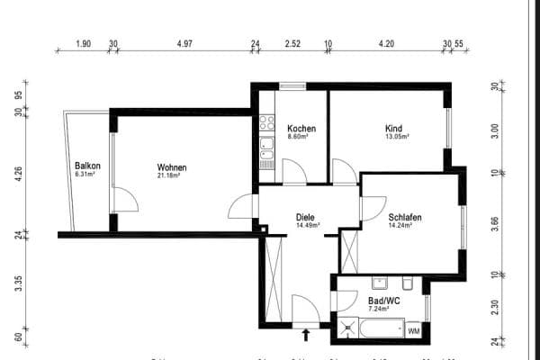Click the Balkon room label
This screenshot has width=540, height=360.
[x=87, y=166]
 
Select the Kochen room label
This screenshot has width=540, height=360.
[x=300, y=128]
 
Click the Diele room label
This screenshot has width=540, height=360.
[x=306, y=216]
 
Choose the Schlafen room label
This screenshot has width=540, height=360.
[x=406, y=217]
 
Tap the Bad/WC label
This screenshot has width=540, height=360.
[x=383, y=300]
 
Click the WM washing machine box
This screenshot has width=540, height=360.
[x=414, y=331]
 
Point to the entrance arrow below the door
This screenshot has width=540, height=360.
[x=306, y=335]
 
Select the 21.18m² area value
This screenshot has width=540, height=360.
[x=169, y=176]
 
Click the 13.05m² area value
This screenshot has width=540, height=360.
[x=397, y=137]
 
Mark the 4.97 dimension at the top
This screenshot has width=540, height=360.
[x=185, y=42]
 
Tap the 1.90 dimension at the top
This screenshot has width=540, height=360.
[x=83, y=42]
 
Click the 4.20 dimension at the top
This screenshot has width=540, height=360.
[x=386, y=42]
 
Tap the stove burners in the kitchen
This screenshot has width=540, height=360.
[x=266, y=122]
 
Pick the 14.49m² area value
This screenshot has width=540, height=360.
[x=306, y=225]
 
